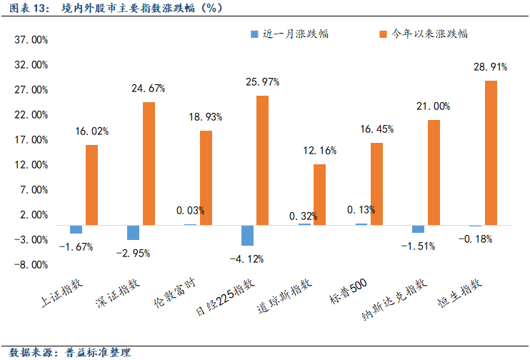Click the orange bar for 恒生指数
pos(491,153)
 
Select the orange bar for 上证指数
pos(91,185)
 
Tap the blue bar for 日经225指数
pos(247,235)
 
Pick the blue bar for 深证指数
pos(133,232)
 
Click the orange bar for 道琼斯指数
pos(319,194)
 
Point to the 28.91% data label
pos(490,67)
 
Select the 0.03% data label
pos(190,211)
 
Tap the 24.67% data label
pos(148,89)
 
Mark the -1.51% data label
pos(418,246)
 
